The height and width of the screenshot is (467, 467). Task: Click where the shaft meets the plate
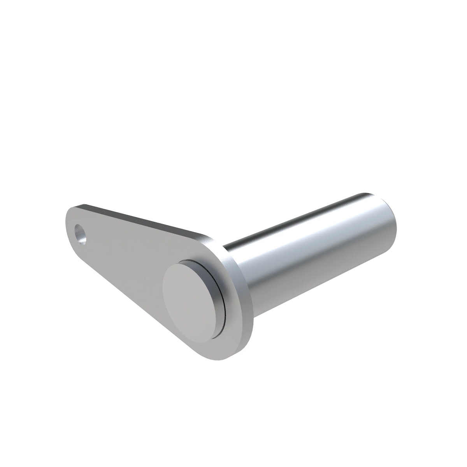click(233, 257)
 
